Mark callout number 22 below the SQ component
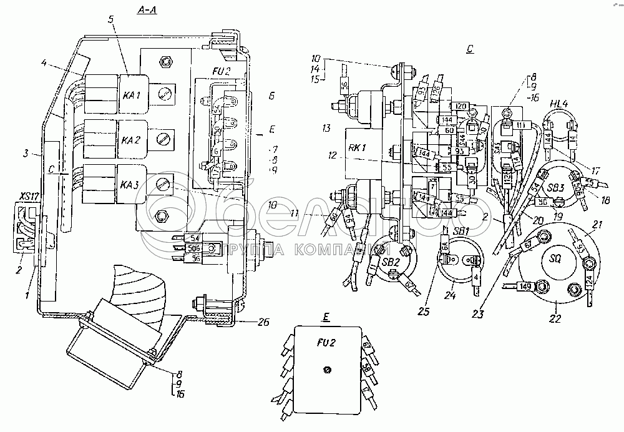point(555,319)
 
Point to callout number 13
point(326,129)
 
